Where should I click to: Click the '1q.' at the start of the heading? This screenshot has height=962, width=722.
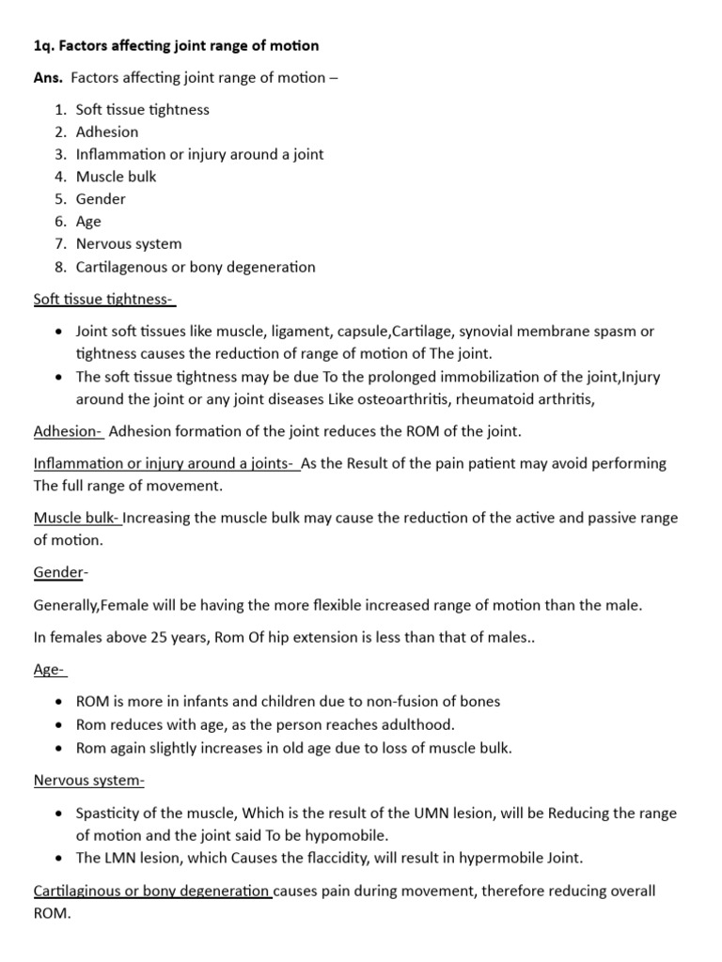point(44,45)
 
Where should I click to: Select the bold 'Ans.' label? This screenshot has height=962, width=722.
point(48,77)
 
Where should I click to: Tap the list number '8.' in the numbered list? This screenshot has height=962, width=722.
point(60,267)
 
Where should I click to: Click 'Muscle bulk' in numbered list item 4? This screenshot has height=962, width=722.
point(117,177)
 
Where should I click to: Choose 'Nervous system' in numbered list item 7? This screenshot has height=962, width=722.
point(129,244)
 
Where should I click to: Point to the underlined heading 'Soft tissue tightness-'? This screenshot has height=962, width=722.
point(104,299)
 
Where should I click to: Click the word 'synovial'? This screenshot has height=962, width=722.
point(497,331)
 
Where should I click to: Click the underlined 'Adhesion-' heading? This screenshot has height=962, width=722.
point(68,431)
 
